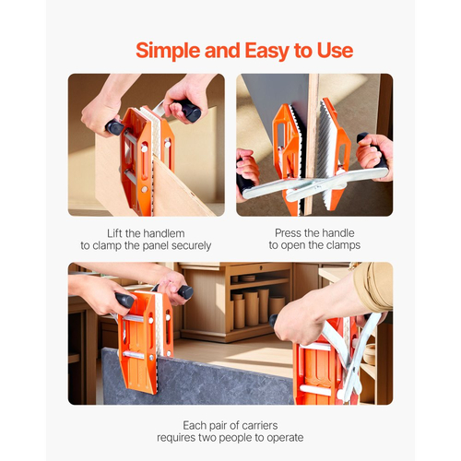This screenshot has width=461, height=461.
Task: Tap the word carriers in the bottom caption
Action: pos(260,426)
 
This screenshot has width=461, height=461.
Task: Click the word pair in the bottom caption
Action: pos(215,426)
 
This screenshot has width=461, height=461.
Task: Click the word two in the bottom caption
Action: pos(209,438)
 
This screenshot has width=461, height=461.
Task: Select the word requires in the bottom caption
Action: pos(176,438)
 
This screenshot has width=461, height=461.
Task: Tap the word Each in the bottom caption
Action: pos(193,426)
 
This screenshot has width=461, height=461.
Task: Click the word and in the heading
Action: pos(222,51)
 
